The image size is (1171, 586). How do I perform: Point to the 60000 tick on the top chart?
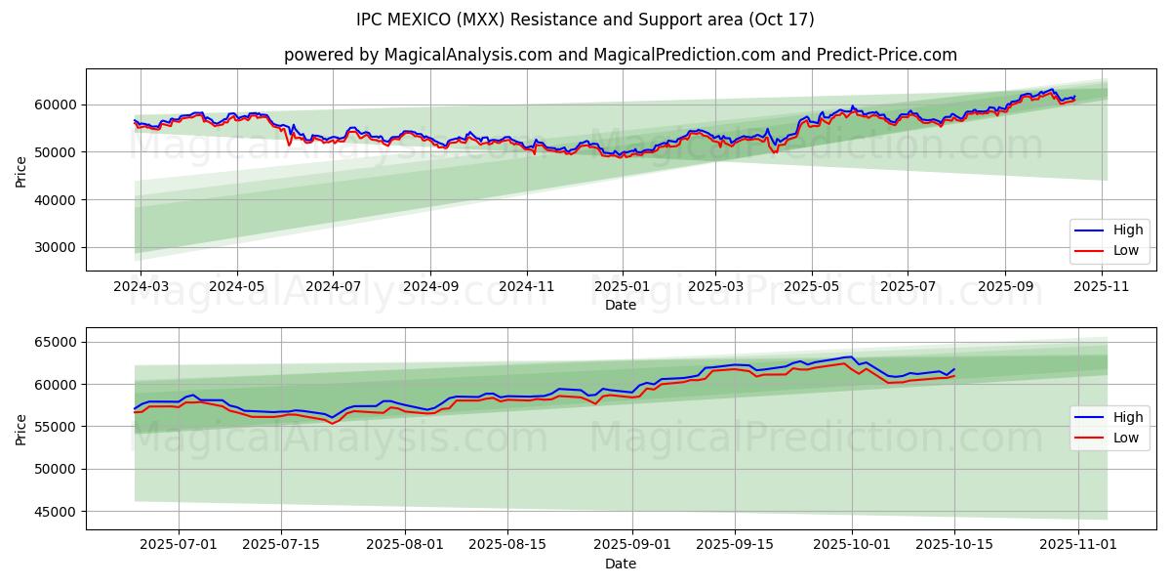point(57,105)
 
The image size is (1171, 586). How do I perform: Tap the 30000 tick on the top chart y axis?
point(57,248)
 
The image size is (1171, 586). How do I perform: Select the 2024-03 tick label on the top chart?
point(141,287)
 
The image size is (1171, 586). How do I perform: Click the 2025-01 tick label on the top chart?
point(622,287)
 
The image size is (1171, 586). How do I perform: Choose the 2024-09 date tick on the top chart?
point(430,287)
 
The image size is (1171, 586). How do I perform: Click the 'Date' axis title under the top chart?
point(620,305)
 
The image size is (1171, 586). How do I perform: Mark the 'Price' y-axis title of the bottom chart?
point(21,428)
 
